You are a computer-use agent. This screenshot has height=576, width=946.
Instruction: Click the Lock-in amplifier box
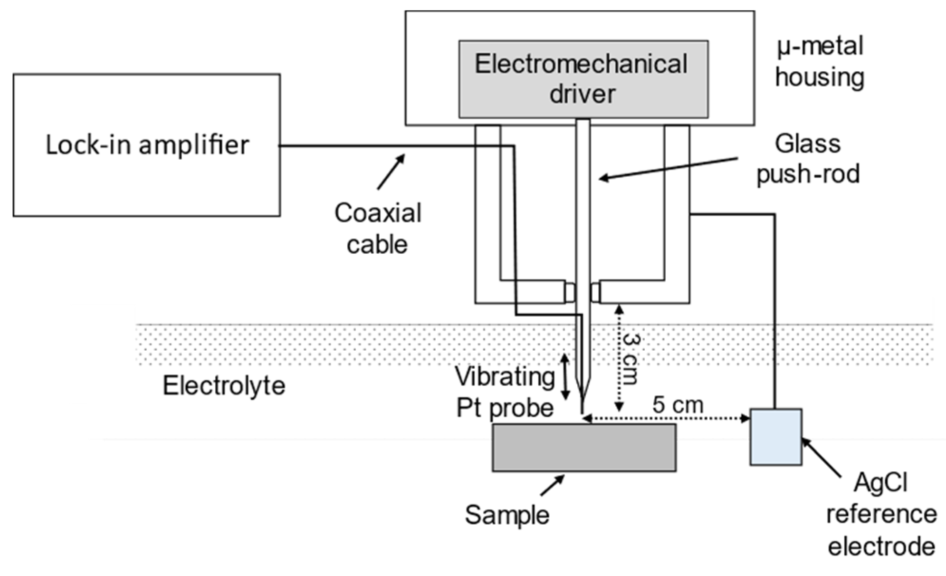pos(146,145)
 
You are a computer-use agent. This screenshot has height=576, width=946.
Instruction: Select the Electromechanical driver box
pos(583,79)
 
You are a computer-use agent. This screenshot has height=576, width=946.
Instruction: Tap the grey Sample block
pos(584,447)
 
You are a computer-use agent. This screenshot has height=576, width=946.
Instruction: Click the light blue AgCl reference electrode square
pos(775,436)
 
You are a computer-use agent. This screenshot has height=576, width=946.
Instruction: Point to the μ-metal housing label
pos(820,62)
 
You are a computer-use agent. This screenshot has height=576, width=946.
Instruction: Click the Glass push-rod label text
pos(808,159)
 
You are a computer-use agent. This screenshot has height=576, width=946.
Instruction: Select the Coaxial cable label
pos(378,229)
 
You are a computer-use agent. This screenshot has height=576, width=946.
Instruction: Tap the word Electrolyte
pos(224,385)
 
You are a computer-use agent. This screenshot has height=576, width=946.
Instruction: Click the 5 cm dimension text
pos(677,405)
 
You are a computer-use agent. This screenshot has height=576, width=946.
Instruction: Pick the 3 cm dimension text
pos(631,358)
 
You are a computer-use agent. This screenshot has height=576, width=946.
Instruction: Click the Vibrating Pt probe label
pos(505,392)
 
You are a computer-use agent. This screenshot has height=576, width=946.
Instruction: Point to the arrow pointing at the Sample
pos(554,484)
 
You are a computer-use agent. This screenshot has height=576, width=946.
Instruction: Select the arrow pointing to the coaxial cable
pos(392,171)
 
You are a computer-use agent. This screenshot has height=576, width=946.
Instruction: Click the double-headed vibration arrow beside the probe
pos(565,377)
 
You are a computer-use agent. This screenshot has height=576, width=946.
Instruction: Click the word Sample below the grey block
pos(506,515)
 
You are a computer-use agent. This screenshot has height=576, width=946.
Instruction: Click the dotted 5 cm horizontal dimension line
pos(665,419)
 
